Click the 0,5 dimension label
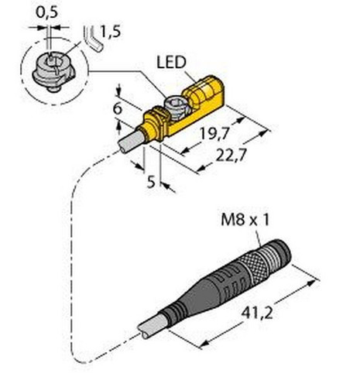pyautogui.click(x=46, y=12)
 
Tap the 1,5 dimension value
pyautogui.click(x=111, y=32)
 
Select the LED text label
pyautogui.click(x=171, y=62)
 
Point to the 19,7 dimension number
pyautogui.click(x=215, y=134)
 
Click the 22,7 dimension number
pyautogui.click(x=230, y=156)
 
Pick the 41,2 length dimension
pyautogui.click(x=257, y=313)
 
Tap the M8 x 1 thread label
pyautogui.click(x=245, y=220)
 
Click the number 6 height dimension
pyautogui.click(x=118, y=108)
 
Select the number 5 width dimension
pyautogui.click(x=151, y=182)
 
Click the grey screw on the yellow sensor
pyautogui.click(x=178, y=108)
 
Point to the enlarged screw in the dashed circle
pyautogui.click(x=53, y=70)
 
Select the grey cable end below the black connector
pyautogui.click(x=150, y=327)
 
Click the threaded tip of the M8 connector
pyautogui.click(x=279, y=254)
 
